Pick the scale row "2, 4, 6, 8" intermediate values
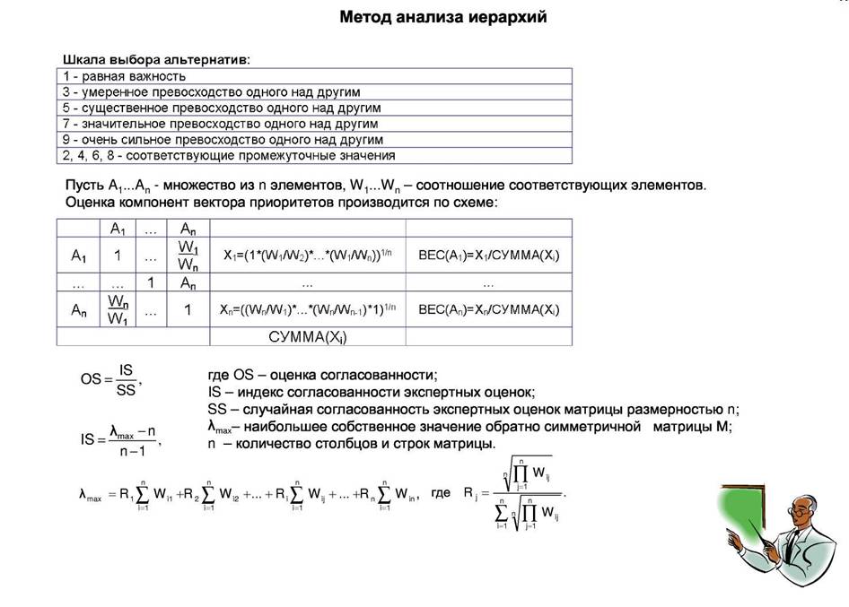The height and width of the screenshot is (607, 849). click(229, 156)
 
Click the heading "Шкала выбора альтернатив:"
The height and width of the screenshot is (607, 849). click(156, 59)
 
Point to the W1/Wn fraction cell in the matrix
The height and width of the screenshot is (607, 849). click(188, 255)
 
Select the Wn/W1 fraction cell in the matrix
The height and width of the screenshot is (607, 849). click(117, 310)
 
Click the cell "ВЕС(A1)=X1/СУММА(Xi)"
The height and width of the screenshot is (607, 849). click(488, 256)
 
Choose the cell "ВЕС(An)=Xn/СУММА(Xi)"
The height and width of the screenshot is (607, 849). click(488, 310)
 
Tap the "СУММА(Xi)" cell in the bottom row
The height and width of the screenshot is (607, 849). click(307, 337)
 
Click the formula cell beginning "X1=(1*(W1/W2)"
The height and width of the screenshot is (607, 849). click(307, 256)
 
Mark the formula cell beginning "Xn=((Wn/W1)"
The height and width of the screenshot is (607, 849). click(307, 310)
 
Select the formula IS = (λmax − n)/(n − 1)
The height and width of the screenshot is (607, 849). click(120, 439)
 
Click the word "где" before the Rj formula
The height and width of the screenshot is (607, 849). click(441, 493)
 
